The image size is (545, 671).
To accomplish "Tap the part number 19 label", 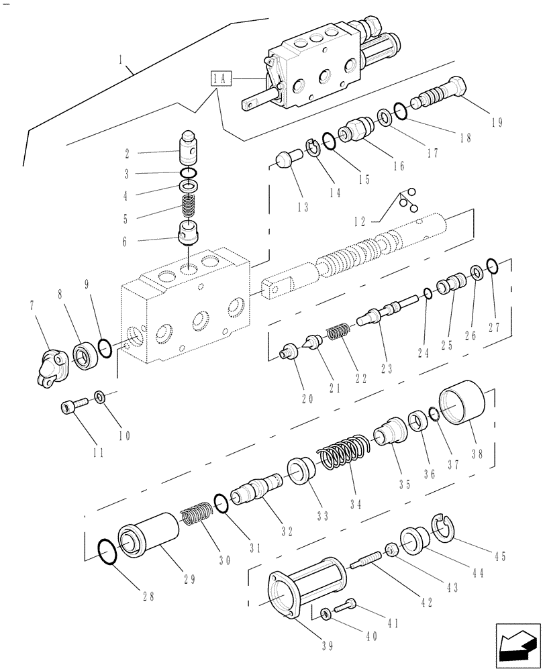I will tap(496, 122).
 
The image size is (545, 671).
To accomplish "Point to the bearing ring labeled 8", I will tap(84, 354).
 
